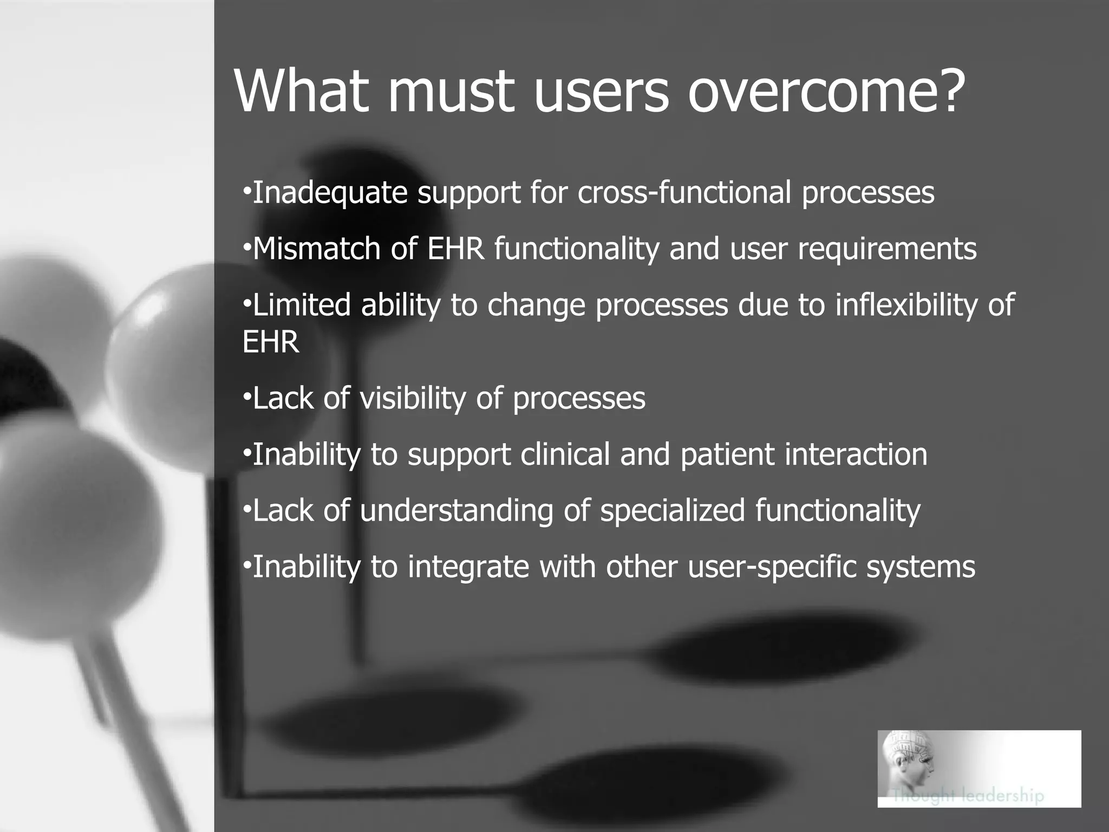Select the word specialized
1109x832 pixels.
click(x=672, y=511)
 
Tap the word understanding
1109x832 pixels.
click(x=456, y=511)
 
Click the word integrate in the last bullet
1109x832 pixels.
click(x=468, y=567)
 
